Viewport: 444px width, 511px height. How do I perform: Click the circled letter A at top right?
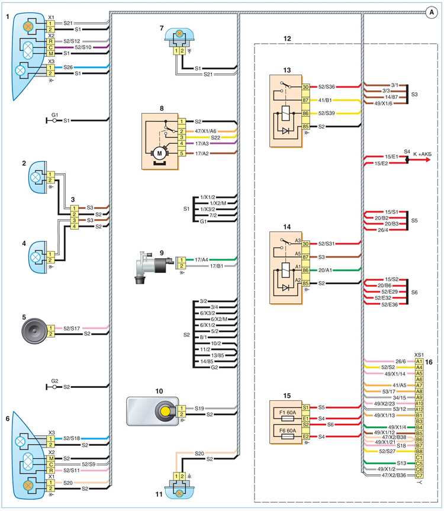432,12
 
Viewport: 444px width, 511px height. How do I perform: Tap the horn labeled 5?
34,331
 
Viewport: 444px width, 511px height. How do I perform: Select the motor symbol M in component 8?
159,153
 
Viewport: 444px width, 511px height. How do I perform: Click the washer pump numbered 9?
153,266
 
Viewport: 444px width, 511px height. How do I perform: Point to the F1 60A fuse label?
288,412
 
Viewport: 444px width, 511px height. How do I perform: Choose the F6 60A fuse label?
288,430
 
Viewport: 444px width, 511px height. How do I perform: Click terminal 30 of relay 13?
305,87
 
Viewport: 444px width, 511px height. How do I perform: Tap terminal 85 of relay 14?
305,283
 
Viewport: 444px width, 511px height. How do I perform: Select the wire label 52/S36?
326,86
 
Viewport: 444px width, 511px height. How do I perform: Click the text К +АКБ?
422,154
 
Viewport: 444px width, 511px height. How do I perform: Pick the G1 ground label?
54,115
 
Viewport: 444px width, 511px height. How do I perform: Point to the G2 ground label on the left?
54,381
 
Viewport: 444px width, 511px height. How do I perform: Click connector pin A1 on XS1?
419,361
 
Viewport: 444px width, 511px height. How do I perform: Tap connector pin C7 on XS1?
419,475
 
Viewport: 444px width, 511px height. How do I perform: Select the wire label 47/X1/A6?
205,131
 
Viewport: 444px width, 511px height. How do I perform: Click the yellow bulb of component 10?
166,412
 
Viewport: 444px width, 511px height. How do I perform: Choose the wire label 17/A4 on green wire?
201,260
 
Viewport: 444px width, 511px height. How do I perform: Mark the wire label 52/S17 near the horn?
72,328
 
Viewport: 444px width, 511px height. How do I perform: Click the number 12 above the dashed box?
287,38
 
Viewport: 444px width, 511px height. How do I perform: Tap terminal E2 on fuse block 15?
305,437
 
